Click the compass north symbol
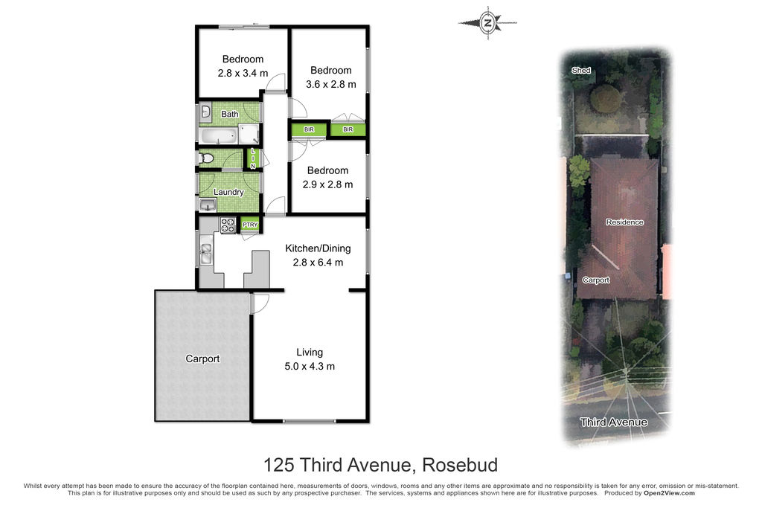tap(487, 22)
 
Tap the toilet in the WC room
tap(206, 158)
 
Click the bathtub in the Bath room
tap(217, 135)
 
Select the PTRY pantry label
tap(250, 225)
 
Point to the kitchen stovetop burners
tap(228, 225)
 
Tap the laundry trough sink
tap(208, 205)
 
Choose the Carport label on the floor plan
tap(202, 359)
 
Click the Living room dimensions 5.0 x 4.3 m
tap(310, 366)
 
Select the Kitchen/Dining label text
tap(318, 248)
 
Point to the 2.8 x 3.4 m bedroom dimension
tap(243, 74)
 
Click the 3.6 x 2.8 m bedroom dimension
tap(331, 85)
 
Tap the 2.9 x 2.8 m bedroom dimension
tap(327, 184)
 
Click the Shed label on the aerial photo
tap(581, 71)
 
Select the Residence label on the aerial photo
tap(624, 222)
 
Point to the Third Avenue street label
tap(614, 422)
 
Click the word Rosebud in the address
tap(460, 465)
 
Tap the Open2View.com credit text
tap(669, 493)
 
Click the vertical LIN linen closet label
tap(253, 159)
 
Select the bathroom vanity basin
tap(205, 112)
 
